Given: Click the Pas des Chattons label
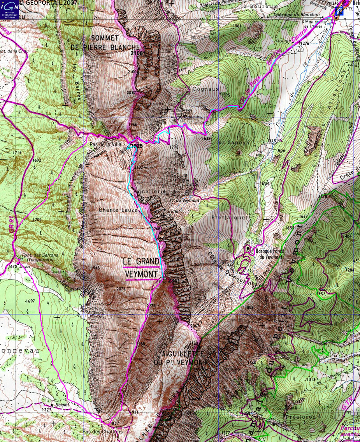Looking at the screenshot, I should point(102,431).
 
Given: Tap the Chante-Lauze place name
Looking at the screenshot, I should point(112,210).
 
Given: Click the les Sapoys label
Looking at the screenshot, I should point(227,143).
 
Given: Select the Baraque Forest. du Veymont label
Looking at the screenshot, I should point(269,254).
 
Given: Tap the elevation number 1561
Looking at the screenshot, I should point(237,26).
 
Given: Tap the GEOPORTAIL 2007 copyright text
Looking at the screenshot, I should point(48,3).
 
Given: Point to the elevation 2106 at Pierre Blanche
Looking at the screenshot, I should point(137,53).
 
